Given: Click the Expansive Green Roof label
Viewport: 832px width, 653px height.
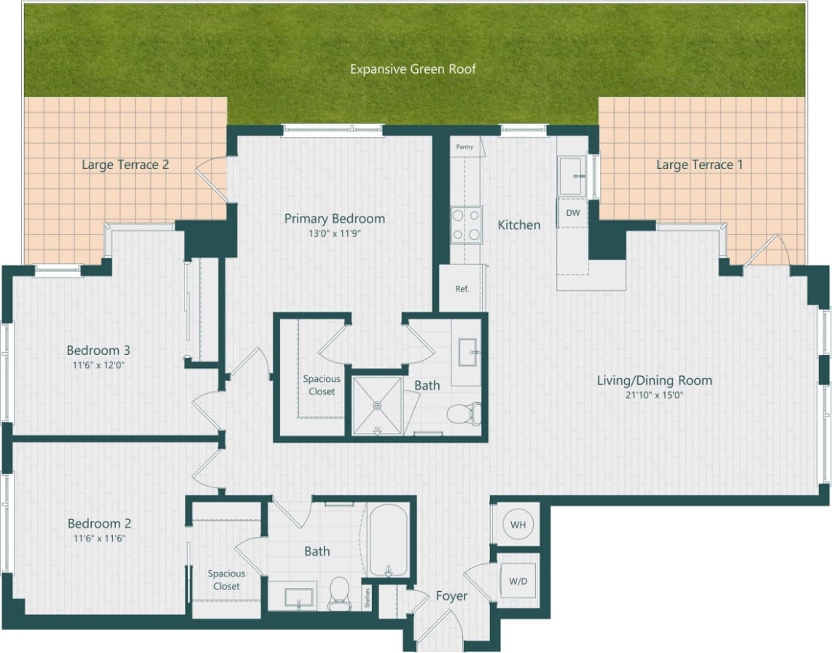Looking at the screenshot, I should click(x=413, y=69).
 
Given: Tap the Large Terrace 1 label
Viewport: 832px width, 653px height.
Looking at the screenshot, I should click(x=699, y=165).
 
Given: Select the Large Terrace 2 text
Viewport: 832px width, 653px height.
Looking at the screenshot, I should click(x=125, y=165).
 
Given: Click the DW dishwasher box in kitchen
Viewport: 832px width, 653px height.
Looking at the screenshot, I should click(x=573, y=213).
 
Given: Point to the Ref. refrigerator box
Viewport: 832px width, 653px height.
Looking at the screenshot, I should click(x=462, y=289).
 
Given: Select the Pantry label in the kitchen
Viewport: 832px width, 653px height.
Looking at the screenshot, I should click(x=464, y=146).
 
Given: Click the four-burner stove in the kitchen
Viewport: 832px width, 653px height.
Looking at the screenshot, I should click(x=466, y=225).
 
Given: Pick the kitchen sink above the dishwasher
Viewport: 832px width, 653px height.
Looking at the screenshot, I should click(x=571, y=176).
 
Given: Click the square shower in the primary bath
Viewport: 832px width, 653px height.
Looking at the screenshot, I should click(x=377, y=405).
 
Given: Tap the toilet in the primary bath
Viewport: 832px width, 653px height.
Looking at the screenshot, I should click(x=463, y=414).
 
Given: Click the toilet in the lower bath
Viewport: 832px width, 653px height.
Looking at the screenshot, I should click(x=340, y=591).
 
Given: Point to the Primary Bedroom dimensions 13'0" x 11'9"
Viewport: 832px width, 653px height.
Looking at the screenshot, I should click(x=334, y=234).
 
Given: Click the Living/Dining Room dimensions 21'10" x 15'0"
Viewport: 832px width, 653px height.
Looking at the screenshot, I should click(x=654, y=396).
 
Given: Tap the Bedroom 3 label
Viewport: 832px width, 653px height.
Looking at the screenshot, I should click(x=98, y=350).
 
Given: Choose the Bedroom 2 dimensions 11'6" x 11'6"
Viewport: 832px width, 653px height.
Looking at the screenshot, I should click(x=98, y=539).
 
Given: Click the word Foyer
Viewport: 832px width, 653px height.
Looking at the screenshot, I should click(x=451, y=595).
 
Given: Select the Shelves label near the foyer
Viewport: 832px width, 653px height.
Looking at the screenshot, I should click(x=368, y=597).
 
